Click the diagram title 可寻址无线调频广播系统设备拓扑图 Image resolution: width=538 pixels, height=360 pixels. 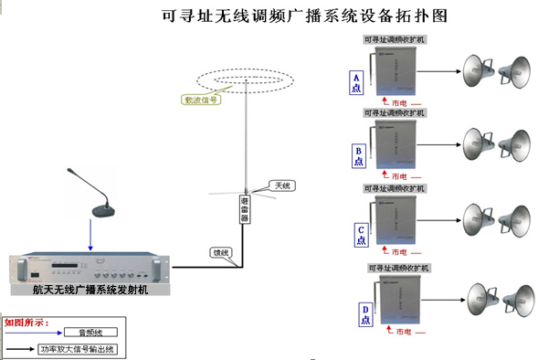[x=298, y=16]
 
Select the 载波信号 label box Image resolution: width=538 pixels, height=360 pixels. [x=201, y=101]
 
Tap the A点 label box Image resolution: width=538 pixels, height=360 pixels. [x=358, y=83]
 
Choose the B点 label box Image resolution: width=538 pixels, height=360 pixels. [x=358, y=155]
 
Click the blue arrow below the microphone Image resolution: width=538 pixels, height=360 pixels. [x=90, y=236]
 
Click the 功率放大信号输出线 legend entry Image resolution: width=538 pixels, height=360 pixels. [x=78, y=348]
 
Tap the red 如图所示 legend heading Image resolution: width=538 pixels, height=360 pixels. [x=26, y=322]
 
